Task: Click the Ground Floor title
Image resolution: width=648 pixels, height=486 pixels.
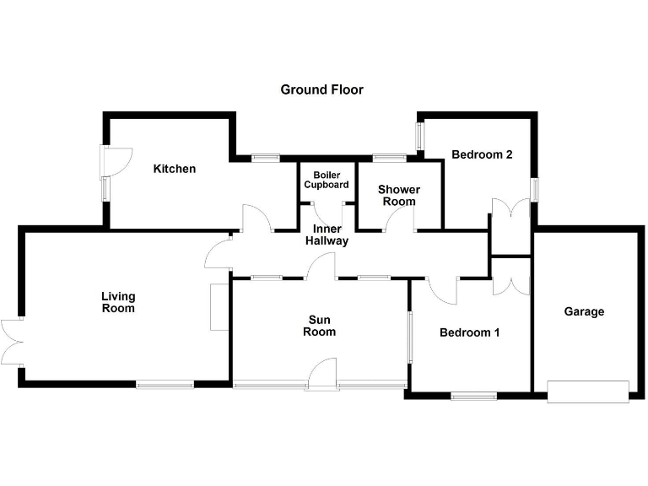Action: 321,89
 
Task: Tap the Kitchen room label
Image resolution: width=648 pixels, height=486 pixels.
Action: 174,169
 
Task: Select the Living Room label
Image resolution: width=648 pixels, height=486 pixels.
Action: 118,302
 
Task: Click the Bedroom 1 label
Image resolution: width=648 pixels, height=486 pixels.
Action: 469,332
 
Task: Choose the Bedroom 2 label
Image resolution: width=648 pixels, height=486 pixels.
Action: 482,154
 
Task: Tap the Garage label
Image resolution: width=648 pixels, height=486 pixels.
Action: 584,311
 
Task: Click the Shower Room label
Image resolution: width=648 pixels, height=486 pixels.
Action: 398,195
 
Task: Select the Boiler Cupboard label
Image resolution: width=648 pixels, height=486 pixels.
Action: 326,179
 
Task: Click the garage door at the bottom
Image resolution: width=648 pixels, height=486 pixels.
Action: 588,391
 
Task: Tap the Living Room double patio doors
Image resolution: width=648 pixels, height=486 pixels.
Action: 11,341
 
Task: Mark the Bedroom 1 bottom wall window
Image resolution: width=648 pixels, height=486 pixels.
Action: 472,395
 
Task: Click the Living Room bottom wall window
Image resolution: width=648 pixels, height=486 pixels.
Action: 165,385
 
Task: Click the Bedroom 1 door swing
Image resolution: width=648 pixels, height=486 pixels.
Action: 442,289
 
